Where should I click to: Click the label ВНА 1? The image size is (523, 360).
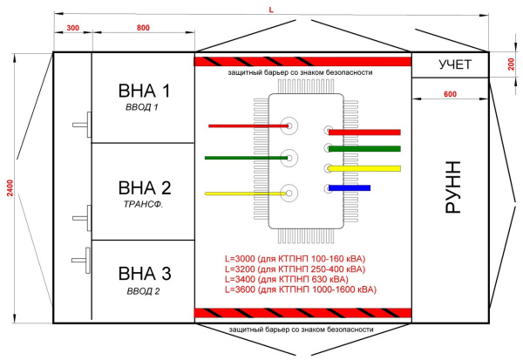144,91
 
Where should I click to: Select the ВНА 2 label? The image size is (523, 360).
144,187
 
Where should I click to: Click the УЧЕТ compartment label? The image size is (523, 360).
454,65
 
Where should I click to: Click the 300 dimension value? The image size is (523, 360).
72,29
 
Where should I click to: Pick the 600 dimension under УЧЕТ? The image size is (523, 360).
450,94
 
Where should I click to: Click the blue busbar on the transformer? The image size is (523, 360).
350,187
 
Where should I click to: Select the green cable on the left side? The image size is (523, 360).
244,158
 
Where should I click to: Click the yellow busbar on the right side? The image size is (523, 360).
363,167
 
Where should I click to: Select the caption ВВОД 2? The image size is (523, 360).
144,291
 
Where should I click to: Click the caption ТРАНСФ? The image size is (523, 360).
144,204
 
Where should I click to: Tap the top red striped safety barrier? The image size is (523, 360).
302,62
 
